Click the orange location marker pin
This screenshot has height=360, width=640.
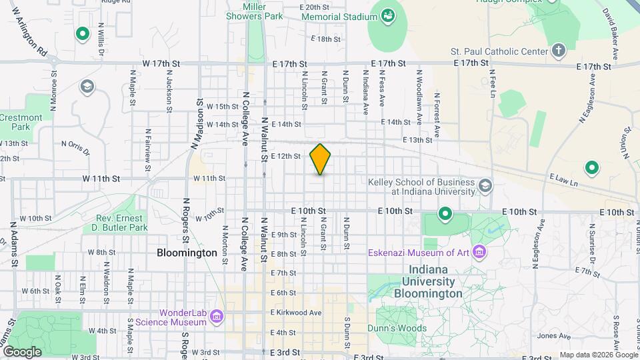coord(320,159)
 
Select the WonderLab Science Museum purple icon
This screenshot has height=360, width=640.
coord(216,317)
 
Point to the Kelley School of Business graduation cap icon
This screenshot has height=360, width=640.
coord(485,185)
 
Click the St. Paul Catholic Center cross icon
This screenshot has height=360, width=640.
coord(558,51)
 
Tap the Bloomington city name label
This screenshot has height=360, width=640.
coord(187,253)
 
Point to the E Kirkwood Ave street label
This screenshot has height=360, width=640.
coord(296,313)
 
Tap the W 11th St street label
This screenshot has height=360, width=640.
coord(101,179)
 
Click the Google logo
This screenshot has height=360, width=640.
coord(21,351)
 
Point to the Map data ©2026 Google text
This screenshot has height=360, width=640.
coord(598,355)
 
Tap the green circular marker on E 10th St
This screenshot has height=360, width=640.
coord(445,214)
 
